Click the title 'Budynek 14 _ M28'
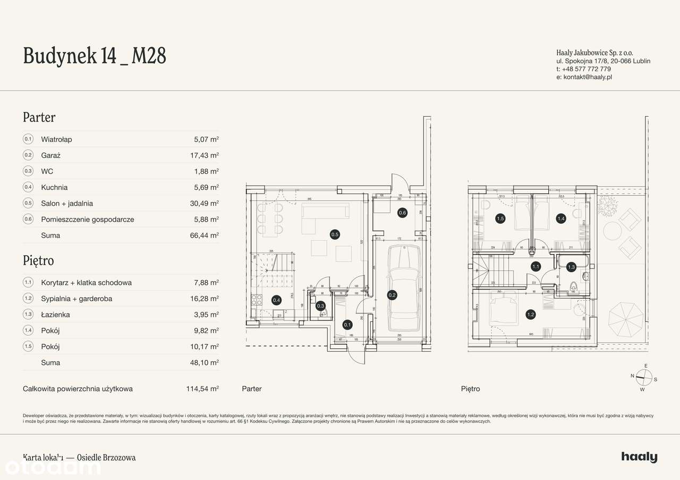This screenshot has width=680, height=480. (x=95, y=56)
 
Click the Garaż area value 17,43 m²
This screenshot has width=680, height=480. (x=206, y=155)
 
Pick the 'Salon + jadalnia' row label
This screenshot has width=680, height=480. (x=67, y=203)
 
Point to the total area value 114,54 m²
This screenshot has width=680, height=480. (x=202, y=389)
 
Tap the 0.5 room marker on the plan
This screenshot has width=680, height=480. (x=335, y=234)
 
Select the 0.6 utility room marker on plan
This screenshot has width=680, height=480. (x=402, y=213)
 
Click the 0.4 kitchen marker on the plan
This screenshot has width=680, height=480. (x=276, y=300)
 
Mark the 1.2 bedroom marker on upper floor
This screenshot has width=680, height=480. (x=530, y=315)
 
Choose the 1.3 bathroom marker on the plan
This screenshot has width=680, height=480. (x=571, y=267)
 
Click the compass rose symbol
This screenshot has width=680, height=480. (x=644, y=377)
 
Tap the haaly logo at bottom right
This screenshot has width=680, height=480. (x=639, y=457)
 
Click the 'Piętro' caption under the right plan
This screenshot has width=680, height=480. (x=470, y=389)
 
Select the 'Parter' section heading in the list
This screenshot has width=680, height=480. (x=39, y=117)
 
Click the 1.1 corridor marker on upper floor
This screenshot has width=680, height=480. (x=535, y=267)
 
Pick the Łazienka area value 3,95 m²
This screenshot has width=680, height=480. (x=206, y=315)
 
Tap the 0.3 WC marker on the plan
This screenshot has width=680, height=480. (x=320, y=306)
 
